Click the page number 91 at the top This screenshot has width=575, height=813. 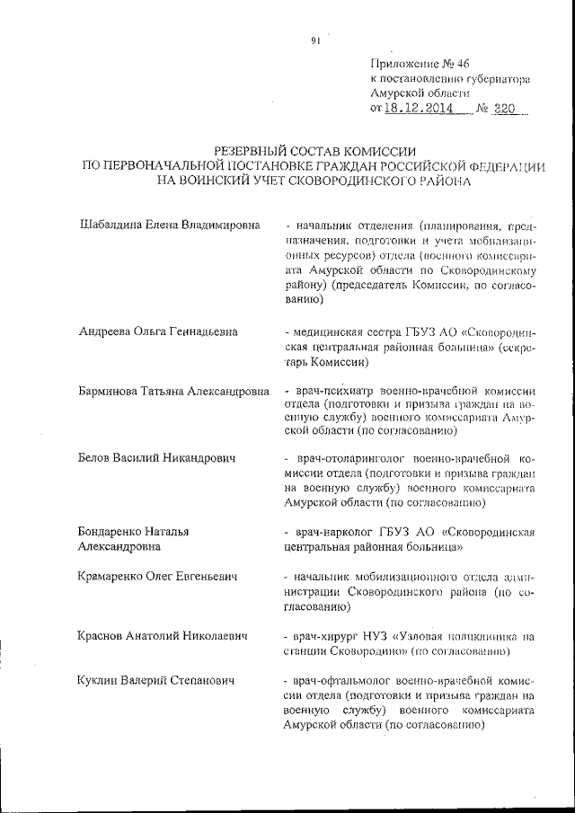pos(315,40)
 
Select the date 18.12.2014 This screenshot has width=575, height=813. pos(418,108)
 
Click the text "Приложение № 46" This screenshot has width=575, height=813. pos(420,62)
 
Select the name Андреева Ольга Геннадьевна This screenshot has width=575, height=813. pos(158,331)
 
